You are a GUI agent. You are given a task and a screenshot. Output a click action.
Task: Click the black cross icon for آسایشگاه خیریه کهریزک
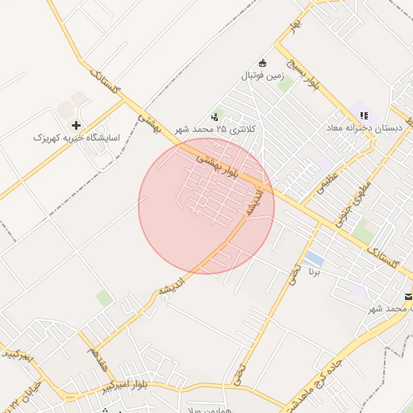[77, 125]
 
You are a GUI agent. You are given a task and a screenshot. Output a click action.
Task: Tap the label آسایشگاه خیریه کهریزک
[77, 138]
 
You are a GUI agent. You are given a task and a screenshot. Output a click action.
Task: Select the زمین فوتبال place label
[263, 76]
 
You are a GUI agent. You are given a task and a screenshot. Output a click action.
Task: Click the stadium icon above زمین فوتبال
[262, 63]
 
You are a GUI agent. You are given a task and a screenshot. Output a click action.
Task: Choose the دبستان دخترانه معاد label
[363, 128]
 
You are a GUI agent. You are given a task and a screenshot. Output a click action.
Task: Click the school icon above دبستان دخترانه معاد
[364, 115]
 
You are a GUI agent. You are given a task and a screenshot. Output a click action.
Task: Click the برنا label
[315, 273]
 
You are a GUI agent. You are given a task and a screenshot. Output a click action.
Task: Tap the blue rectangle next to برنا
[315, 260]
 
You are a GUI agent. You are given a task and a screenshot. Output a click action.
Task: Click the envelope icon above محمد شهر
[409, 295]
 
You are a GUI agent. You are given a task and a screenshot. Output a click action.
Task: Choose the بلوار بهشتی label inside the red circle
[219, 164]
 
